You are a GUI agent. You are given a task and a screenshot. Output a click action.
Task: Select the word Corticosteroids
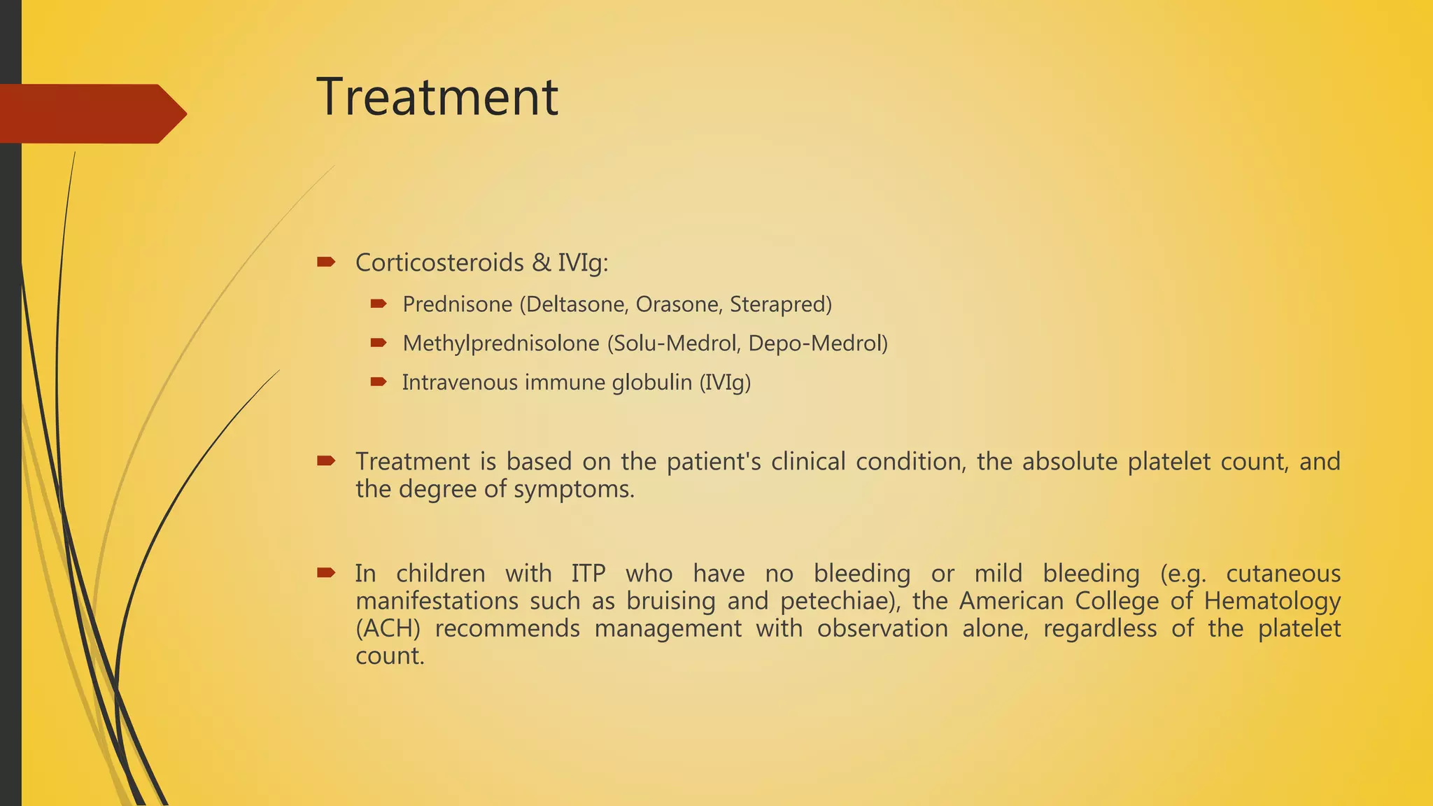(x=439, y=262)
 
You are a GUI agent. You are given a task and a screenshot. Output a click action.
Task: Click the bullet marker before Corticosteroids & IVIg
(x=326, y=262)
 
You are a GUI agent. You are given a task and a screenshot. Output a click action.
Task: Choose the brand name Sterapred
(x=780, y=304)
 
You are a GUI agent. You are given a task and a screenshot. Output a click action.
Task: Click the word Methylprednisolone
(x=501, y=344)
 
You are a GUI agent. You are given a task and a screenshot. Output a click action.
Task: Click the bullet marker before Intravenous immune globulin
(x=379, y=382)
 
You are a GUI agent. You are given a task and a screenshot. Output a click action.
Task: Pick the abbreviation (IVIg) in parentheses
(x=725, y=383)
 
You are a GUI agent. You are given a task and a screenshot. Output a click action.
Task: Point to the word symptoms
(x=574, y=489)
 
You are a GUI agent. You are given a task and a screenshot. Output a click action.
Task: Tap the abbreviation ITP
(x=588, y=574)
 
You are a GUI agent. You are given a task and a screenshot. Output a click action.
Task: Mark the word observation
(x=882, y=628)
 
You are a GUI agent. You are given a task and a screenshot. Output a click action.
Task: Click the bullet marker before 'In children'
(x=326, y=573)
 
